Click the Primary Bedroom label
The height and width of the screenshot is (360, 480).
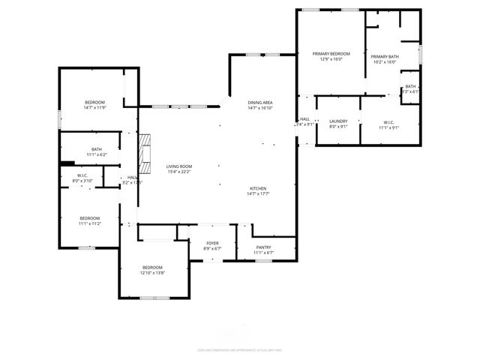coord(331,54)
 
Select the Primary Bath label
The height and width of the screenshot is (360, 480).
coord(384,57)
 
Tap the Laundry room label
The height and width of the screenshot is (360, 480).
coord(338,121)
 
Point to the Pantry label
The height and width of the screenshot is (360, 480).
coord(263,247)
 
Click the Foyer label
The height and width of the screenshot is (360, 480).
coord(213,243)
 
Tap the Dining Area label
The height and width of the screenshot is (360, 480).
coord(260,102)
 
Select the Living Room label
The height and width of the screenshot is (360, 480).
coord(179,166)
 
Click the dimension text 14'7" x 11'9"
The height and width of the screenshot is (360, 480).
coord(94,108)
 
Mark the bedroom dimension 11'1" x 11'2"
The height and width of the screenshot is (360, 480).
coord(90,223)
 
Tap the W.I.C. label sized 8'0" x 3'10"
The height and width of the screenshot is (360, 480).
coord(82,175)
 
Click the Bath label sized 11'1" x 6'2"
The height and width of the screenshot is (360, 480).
coord(97,149)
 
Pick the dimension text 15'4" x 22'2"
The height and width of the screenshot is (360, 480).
coord(179,172)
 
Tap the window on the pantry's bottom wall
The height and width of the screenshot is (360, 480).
coord(262,260)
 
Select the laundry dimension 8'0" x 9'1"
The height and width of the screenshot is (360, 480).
coord(338,127)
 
